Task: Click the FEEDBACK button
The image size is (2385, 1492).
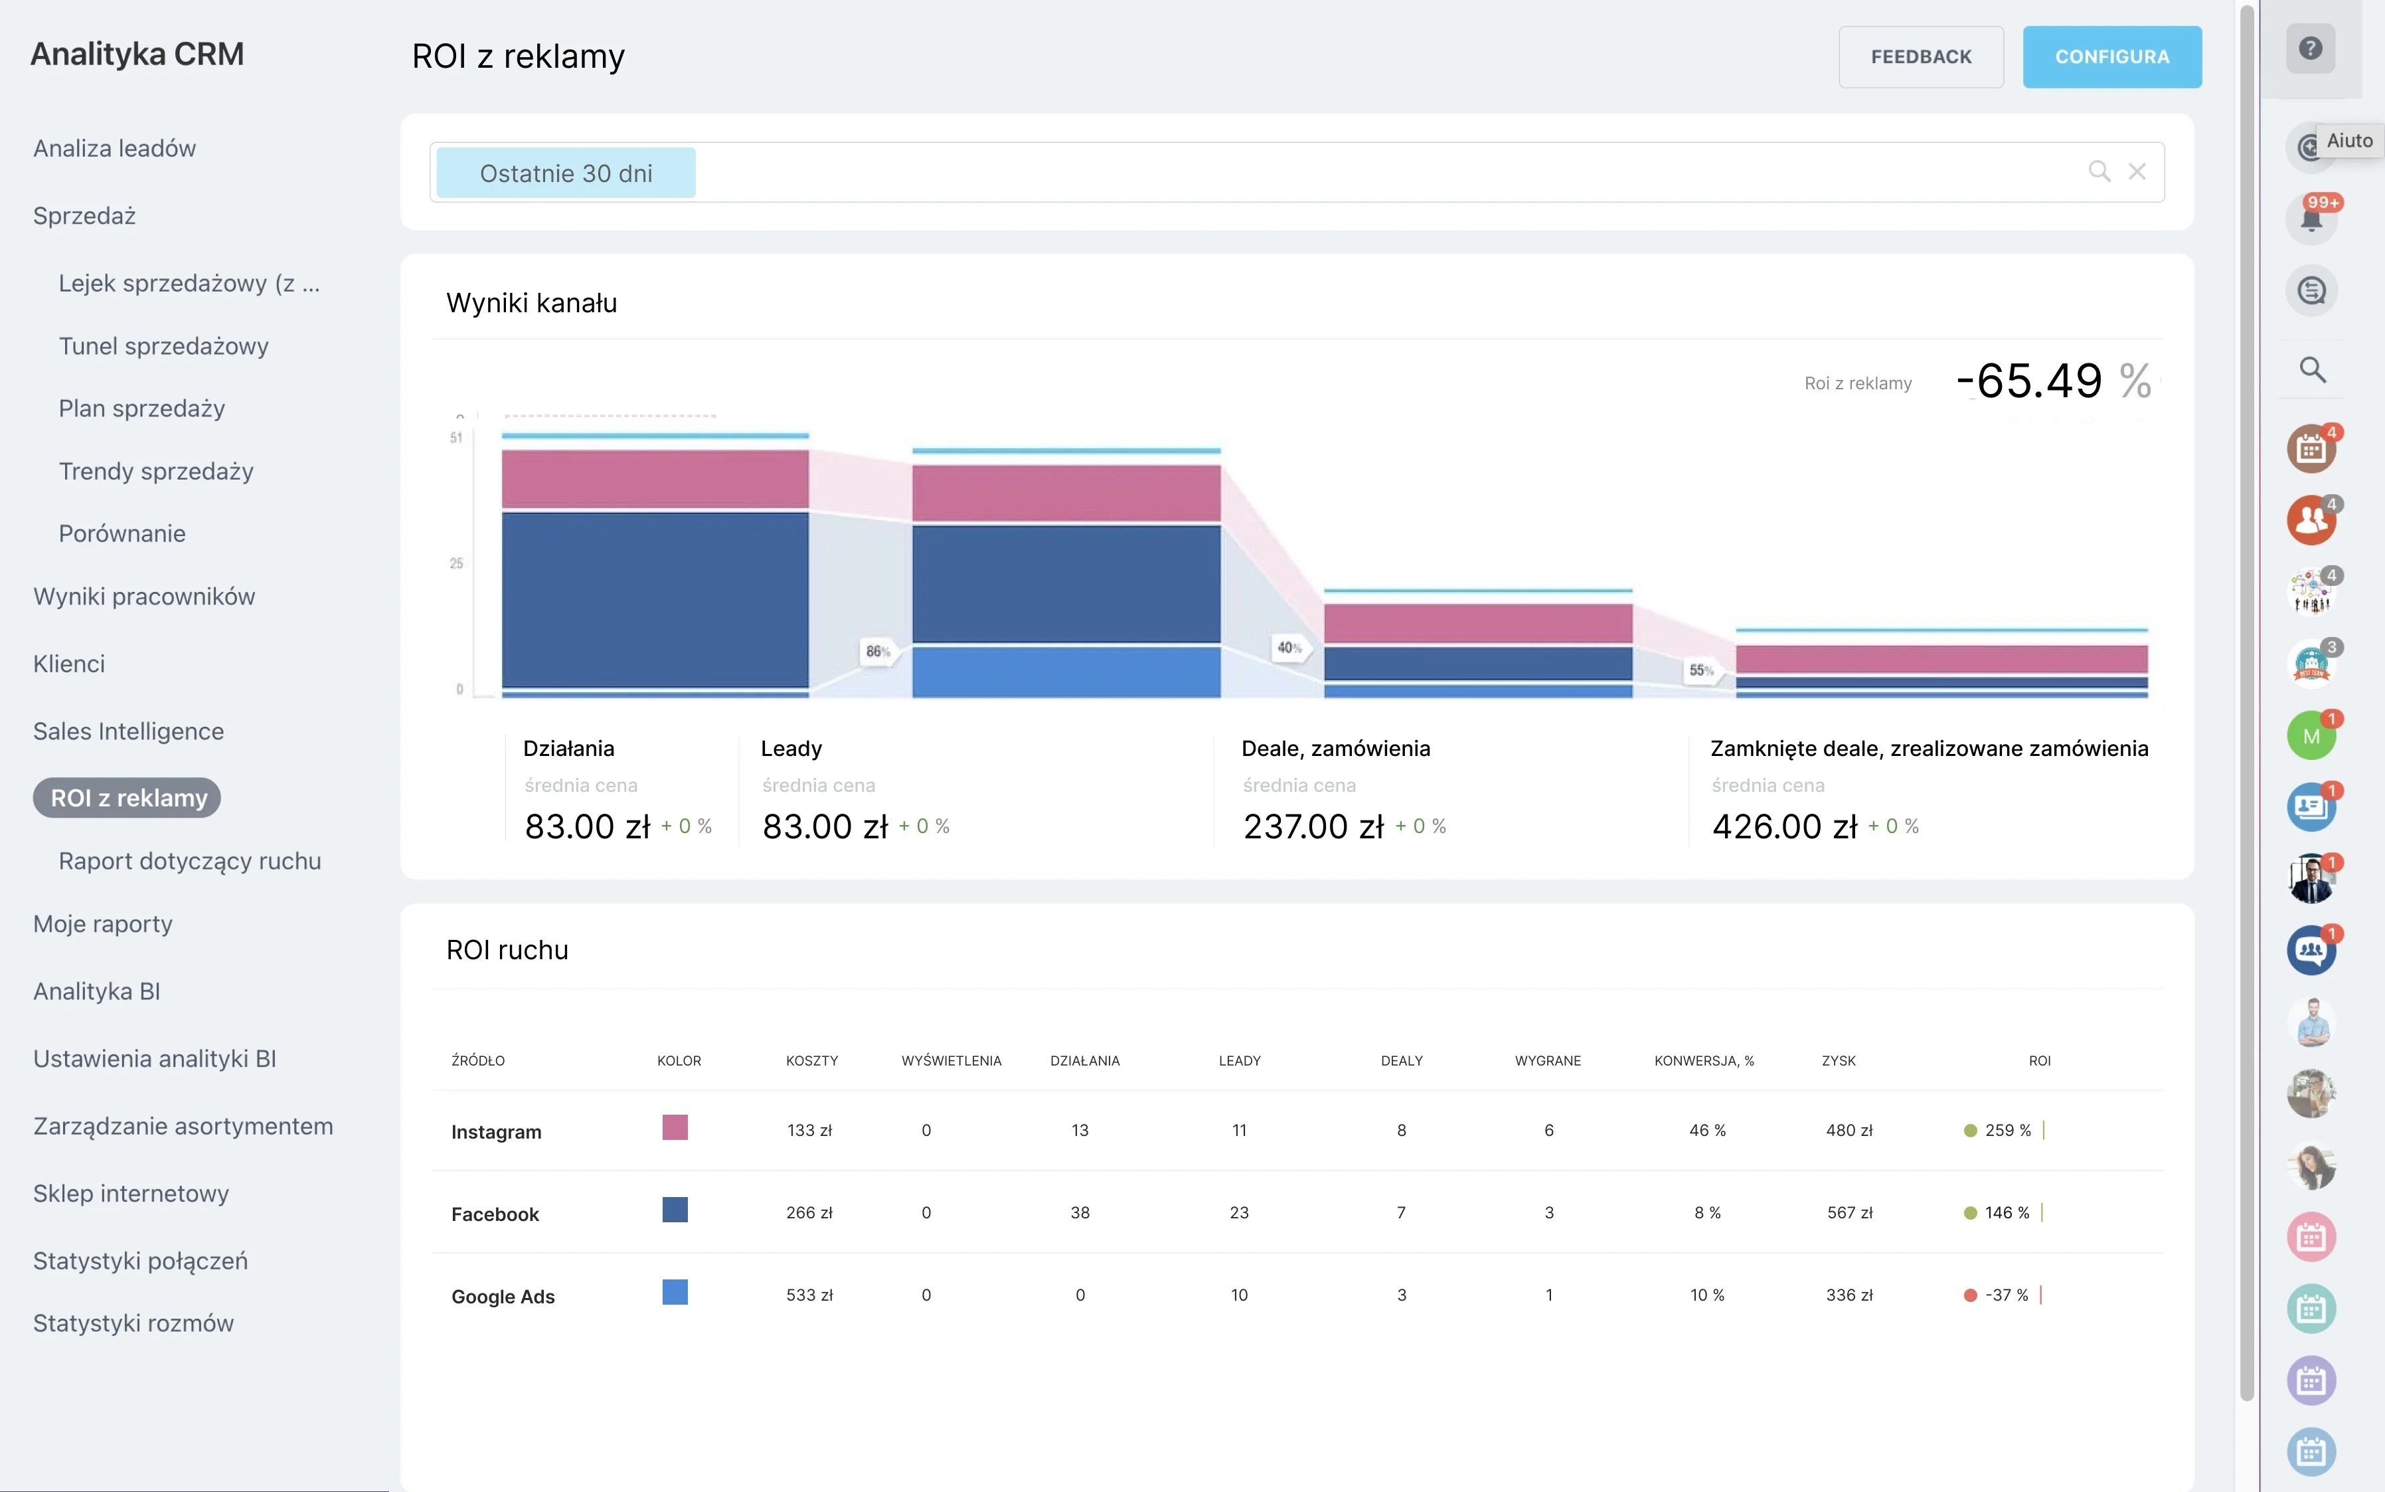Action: click(x=1920, y=57)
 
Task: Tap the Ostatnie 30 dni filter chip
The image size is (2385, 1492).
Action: click(x=565, y=173)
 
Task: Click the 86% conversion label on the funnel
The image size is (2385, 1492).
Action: click(x=878, y=651)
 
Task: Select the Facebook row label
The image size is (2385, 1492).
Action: click(x=495, y=1214)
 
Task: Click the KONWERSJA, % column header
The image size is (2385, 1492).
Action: click(x=1704, y=1061)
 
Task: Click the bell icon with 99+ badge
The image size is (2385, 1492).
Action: click(x=2311, y=218)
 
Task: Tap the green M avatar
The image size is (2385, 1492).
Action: click(x=2311, y=736)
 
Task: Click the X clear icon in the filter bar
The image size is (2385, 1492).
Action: click(x=2137, y=171)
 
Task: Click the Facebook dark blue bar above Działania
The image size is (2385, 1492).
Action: click(x=655, y=599)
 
